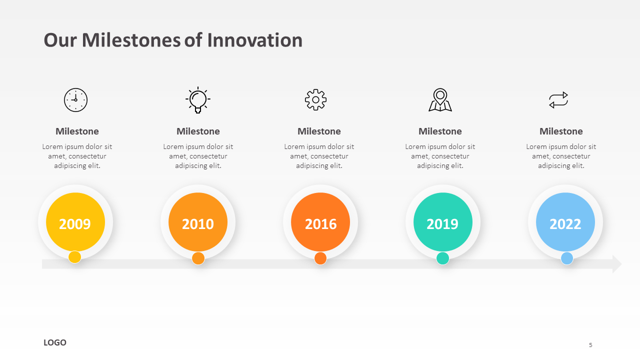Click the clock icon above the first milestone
pos(75,100)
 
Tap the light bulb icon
pos(197,100)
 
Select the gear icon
pos(315,99)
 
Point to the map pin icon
pos(440,99)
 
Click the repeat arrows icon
pos(558,100)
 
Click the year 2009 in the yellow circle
pos(75,224)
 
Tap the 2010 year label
pos(197,224)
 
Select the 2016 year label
pos(320,224)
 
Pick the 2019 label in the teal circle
pos(442,224)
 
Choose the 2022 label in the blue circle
pos(565,224)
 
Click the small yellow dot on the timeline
pos(75,257)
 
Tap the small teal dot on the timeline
pos(442,258)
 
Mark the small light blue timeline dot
pos(567,258)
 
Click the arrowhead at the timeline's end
pos(617,264)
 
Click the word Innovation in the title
pos(255,40)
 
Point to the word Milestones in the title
pos(131,40)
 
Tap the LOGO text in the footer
pos(55,342)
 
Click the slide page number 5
pos(590,345)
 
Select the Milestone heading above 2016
pos(319,131)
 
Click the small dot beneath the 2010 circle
pos(198,258)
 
